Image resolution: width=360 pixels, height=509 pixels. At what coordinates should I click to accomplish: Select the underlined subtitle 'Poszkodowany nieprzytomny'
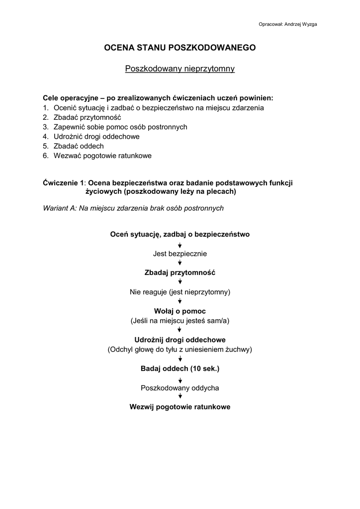[x=180, y=69]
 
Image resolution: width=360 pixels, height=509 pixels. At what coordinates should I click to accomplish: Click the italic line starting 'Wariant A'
[x=133, y=208]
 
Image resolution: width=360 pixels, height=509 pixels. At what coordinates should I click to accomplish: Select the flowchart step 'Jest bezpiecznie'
[x=180, y=254]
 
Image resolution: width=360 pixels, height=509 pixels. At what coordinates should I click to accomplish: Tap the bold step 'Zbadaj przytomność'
[x=180, y=272]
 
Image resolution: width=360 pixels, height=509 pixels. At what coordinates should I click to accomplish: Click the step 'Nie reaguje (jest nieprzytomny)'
[x=180, y=292]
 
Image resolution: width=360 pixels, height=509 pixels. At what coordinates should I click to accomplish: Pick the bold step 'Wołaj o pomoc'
[x=180, y=311]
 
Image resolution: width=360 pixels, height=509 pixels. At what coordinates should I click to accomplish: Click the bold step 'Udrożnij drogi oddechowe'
[x=180, y=340]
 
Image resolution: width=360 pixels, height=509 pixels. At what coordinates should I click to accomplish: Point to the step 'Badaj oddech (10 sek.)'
[x=180, y=369]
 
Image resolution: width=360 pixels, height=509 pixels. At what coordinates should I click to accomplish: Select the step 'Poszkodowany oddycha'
[x=180, y=388]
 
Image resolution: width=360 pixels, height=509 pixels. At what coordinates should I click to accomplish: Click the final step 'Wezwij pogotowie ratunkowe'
[x=180, y=407]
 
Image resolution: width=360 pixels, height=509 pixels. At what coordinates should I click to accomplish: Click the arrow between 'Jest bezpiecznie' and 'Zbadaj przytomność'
[x=180, y=263]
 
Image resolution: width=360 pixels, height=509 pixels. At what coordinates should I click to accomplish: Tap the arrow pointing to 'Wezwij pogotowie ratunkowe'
[x=180, y=397]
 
